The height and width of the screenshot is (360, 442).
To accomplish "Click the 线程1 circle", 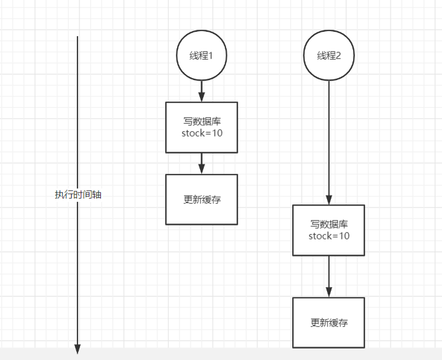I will click(201, 56).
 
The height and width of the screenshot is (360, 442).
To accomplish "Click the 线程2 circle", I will click(329, 56).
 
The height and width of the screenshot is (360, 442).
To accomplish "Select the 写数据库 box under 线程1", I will click(201, 127).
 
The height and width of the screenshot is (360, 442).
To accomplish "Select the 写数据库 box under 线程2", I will click(329, 230).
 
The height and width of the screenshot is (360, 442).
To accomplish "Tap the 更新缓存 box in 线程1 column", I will click(201, 199).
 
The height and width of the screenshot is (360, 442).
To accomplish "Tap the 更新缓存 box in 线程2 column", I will click(329, 323).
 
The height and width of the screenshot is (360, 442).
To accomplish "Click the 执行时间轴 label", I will click(78, 195).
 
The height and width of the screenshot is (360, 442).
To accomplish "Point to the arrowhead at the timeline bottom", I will click(77, 349).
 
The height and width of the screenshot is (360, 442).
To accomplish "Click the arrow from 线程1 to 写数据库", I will click(201, 91).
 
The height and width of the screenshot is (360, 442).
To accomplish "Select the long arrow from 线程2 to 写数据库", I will click(329, 140).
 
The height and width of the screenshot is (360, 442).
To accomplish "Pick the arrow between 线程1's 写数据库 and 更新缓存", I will click(201, 163).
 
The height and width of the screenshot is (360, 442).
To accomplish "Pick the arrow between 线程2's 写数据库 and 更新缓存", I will click(329, 276).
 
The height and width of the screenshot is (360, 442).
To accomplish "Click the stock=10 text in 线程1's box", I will click(202, 133).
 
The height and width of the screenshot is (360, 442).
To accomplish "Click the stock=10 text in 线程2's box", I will click(329, 236).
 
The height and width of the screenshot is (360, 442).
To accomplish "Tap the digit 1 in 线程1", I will click(210, 56).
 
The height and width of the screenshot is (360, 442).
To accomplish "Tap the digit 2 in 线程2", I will click(338, 56).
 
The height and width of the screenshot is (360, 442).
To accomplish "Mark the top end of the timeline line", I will click(77, 37).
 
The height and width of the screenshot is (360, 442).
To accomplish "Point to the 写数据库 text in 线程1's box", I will click(202, 121).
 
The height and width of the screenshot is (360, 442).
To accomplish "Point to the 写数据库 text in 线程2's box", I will click(329, 224).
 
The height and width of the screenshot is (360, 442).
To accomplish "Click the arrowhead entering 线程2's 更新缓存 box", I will click(329, 292).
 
